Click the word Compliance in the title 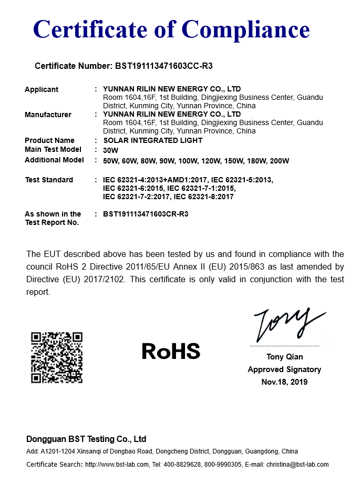[246, 29]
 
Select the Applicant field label [42, 89]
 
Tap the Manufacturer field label [48, 115]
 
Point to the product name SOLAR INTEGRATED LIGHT [153, 140]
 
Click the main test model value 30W [110, 150]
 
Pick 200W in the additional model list [279, 161]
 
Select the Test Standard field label [49, 180]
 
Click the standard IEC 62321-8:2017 [203, 197]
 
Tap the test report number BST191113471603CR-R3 [146, 214]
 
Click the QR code [57, 357]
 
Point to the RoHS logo [171, 351]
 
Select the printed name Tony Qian [284, 357]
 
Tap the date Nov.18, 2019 [284, 382]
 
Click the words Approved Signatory [284, 369]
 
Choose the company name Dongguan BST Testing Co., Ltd [86, 439]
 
